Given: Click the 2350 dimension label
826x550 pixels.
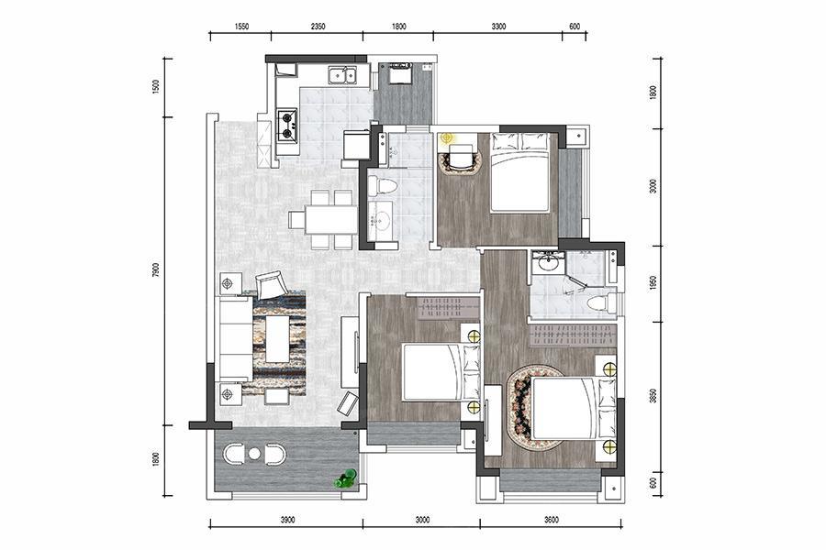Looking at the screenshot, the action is click(x=318, y=27).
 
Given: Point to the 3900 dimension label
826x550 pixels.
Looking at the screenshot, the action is click(x=287, y=520).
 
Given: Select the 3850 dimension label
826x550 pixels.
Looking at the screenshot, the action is click(x=653, y=396).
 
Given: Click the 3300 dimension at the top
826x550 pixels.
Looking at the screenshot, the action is click(x=498, y=27).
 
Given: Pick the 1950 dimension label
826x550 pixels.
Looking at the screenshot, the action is click(x=653, y=283).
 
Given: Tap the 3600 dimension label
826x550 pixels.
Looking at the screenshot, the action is click(x=551, y=520).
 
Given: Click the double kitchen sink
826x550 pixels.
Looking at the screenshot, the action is click(x=342, y=75).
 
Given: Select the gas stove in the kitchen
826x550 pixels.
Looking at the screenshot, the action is click(x=287, y=126).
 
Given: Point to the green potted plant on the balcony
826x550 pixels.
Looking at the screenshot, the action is click(x=347, y=479).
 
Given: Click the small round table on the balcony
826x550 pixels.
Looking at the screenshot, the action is click(x=254, y=454).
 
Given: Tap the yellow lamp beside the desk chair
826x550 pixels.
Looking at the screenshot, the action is click(x=447, y=138).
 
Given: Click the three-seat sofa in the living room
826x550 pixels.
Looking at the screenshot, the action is click(x=236, y=338).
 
